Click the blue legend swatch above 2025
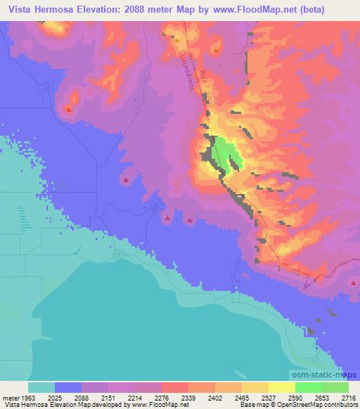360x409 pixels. pos(68,387)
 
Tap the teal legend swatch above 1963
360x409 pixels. pos(41,387)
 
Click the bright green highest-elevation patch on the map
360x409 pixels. pos(226,152)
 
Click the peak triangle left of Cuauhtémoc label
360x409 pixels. pos(176,40)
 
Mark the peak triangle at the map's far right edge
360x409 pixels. pos(353,283)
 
